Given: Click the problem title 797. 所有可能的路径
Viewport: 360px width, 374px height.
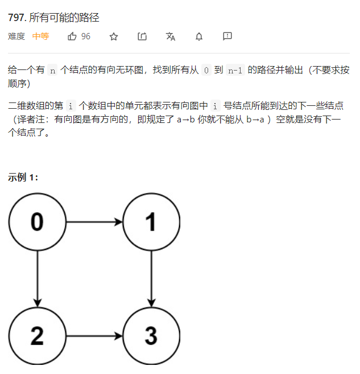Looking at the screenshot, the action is coord(54,18).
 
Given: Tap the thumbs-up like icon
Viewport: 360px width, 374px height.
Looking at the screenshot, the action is coord(72,36).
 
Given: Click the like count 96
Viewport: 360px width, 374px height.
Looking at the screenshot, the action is coord(86,36).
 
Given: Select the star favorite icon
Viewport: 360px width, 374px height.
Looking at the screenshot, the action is coord(114,36).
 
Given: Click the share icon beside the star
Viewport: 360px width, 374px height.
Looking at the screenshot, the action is coord(142,36).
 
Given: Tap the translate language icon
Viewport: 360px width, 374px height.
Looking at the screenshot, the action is coord(171,36).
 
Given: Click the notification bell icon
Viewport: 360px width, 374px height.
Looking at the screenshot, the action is coord(199,36).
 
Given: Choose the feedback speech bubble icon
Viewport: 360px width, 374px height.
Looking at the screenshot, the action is coord(227,36).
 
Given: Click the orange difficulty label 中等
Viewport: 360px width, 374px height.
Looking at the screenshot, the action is coord(40,36).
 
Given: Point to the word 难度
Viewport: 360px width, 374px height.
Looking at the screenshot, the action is coord(16,36).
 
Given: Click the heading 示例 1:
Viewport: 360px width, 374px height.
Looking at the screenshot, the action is coord(23,177).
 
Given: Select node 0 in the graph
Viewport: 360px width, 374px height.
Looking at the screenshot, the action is coord(37,221).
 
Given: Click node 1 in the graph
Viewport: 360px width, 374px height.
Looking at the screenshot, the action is coord(151,221).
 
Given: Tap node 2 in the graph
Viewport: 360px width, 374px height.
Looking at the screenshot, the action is coord(37,335).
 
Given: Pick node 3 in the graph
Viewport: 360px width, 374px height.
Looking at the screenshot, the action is coord(151,335).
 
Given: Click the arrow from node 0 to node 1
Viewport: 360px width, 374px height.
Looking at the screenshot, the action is coord(94,221).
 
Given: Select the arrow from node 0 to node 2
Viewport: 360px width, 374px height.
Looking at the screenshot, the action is coord(37,278).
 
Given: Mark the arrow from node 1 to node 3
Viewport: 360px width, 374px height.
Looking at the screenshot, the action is coord(151,278).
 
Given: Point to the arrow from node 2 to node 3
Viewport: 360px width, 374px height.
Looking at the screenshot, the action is coord(94,335).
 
